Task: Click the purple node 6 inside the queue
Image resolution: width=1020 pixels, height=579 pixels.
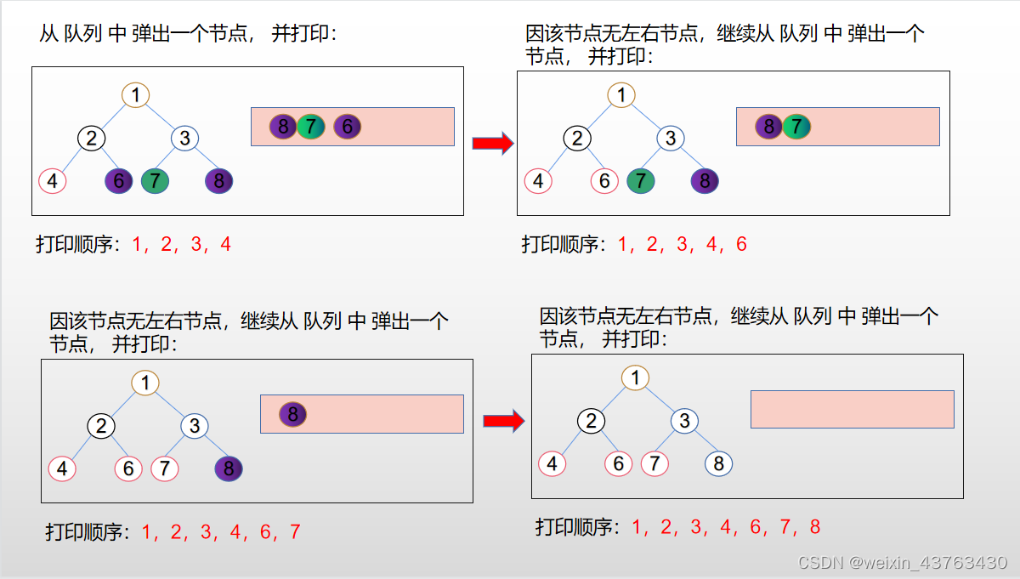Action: click(x=347, y=128)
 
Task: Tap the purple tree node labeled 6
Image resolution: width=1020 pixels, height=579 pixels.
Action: click(x=119, y=180)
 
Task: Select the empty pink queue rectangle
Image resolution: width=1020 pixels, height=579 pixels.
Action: click(x=852, y=409)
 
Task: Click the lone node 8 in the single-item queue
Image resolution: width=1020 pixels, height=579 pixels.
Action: click(x=292, y=415)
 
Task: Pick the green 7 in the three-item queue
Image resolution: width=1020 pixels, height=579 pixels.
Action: click(x=311, y=128)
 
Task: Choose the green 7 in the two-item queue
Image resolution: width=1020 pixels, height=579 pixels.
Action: click(x=796, y=128)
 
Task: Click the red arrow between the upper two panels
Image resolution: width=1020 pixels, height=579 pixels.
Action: click(x=494, y=143)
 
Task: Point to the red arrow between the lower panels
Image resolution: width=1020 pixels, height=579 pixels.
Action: click(x=504, y=421)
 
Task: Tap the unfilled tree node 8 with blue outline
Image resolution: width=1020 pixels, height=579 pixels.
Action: click(x=718, y=463)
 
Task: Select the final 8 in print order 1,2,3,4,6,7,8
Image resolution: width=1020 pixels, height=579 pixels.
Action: click(x=815, y=527)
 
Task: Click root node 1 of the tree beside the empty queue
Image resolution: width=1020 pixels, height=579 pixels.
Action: click(x=635, y=377)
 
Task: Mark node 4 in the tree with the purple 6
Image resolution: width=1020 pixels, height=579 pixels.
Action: click(x=53, y=181)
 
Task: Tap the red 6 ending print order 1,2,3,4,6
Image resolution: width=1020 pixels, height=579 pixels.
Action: click(x=741, y=245)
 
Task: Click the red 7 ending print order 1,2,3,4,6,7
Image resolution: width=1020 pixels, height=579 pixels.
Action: click(x=295, y=533)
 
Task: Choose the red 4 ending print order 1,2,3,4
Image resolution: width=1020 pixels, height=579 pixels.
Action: click(x=225, y=245)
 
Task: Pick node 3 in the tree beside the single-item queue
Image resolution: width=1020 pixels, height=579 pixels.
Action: click(x=195, y=426)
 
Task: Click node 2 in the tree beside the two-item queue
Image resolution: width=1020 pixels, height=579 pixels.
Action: click(x=578, y=138)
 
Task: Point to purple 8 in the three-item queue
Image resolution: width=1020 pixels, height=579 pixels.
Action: click(x=283, y=128)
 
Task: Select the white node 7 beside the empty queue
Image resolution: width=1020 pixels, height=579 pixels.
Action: click(x=654, y=463)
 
